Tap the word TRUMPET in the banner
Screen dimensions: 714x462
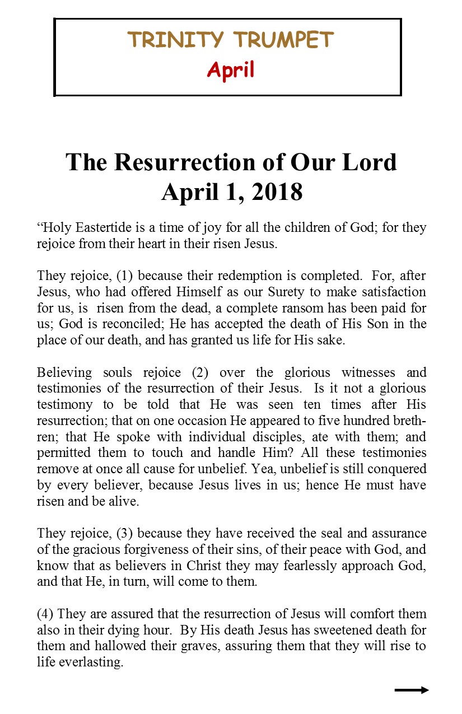pyautogui.click(x=283, y=40)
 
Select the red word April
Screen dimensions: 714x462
pyautogui.click(x=230, y=70)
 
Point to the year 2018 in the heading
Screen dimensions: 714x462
pyautogui.click(x=273, y=192)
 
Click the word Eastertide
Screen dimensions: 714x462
pyautogui.click(x=100, y=228)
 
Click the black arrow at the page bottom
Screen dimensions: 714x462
pyautogui.click(x=412, y=690)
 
